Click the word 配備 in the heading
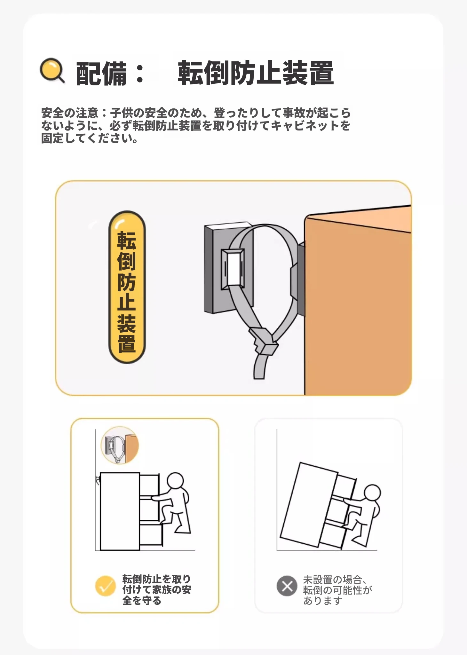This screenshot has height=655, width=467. point(101,74)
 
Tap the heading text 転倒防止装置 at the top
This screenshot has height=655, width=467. point(256,73)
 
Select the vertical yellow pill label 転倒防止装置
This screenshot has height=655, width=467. point(127,287)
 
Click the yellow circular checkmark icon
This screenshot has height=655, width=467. point(105,586)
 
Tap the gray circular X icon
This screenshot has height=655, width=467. point(287,586)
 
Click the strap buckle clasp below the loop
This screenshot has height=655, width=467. point(263,341)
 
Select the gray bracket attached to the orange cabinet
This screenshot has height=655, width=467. point(297,275)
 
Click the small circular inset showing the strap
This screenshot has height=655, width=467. point(120,445)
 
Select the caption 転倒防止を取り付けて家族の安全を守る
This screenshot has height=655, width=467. point(156,589)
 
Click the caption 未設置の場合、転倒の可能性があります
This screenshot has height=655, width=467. point(337,590)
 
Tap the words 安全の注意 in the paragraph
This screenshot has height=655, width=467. point(70,113)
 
